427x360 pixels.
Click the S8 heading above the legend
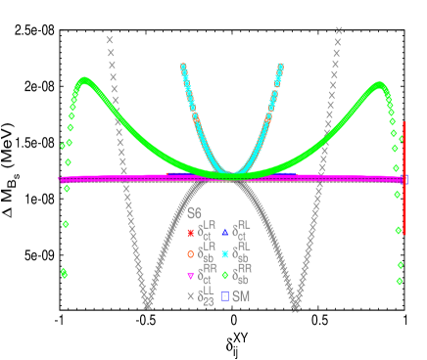pyautogui.click(x=194, y=212)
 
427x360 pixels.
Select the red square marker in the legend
pyautogui.click(x=190, y=233)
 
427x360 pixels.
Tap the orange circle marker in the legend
pyautogui.click(x=190, y=253)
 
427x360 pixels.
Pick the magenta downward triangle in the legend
pyautogui.click(x=190, y=275)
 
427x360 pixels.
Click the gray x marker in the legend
pyautogui.click(x=190, y=295)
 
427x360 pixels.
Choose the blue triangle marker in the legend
pyautogui.click(x=225, y=233)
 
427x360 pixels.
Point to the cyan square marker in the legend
pyautogui.click(x=225, y=253)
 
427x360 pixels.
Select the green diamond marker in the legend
pyautogui.click(x=225, y=275)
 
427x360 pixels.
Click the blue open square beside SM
pyautogui.click(x=225, y=295)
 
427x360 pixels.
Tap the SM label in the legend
pyautogui.click(x=240, y=295)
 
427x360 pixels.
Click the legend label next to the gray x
pyautogui.click(x=206, y=297)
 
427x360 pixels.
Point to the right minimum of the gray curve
pyautogui.click(x=295, y=306)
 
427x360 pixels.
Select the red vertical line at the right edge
pyautogui.click(x=404, y=178)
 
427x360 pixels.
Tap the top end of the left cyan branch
pyautogui.click(x=182, y=66)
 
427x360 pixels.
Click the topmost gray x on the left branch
pyautogui.click(x=109, y=40)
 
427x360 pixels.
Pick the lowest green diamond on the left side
pyautogui.click(x=64, y=274)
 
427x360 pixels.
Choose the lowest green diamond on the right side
pyautogui.click(x=400, y=282)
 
